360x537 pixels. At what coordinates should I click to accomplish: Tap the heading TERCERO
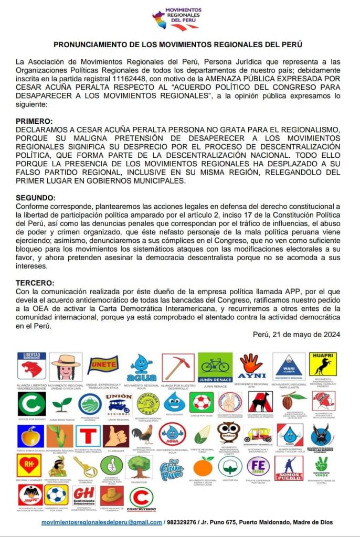coord(35,283)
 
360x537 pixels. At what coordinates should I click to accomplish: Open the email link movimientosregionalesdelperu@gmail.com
coord(102,522)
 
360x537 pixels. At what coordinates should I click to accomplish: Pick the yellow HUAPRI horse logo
coord(322,364)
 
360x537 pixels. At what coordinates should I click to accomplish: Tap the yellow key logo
coord(85,465)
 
